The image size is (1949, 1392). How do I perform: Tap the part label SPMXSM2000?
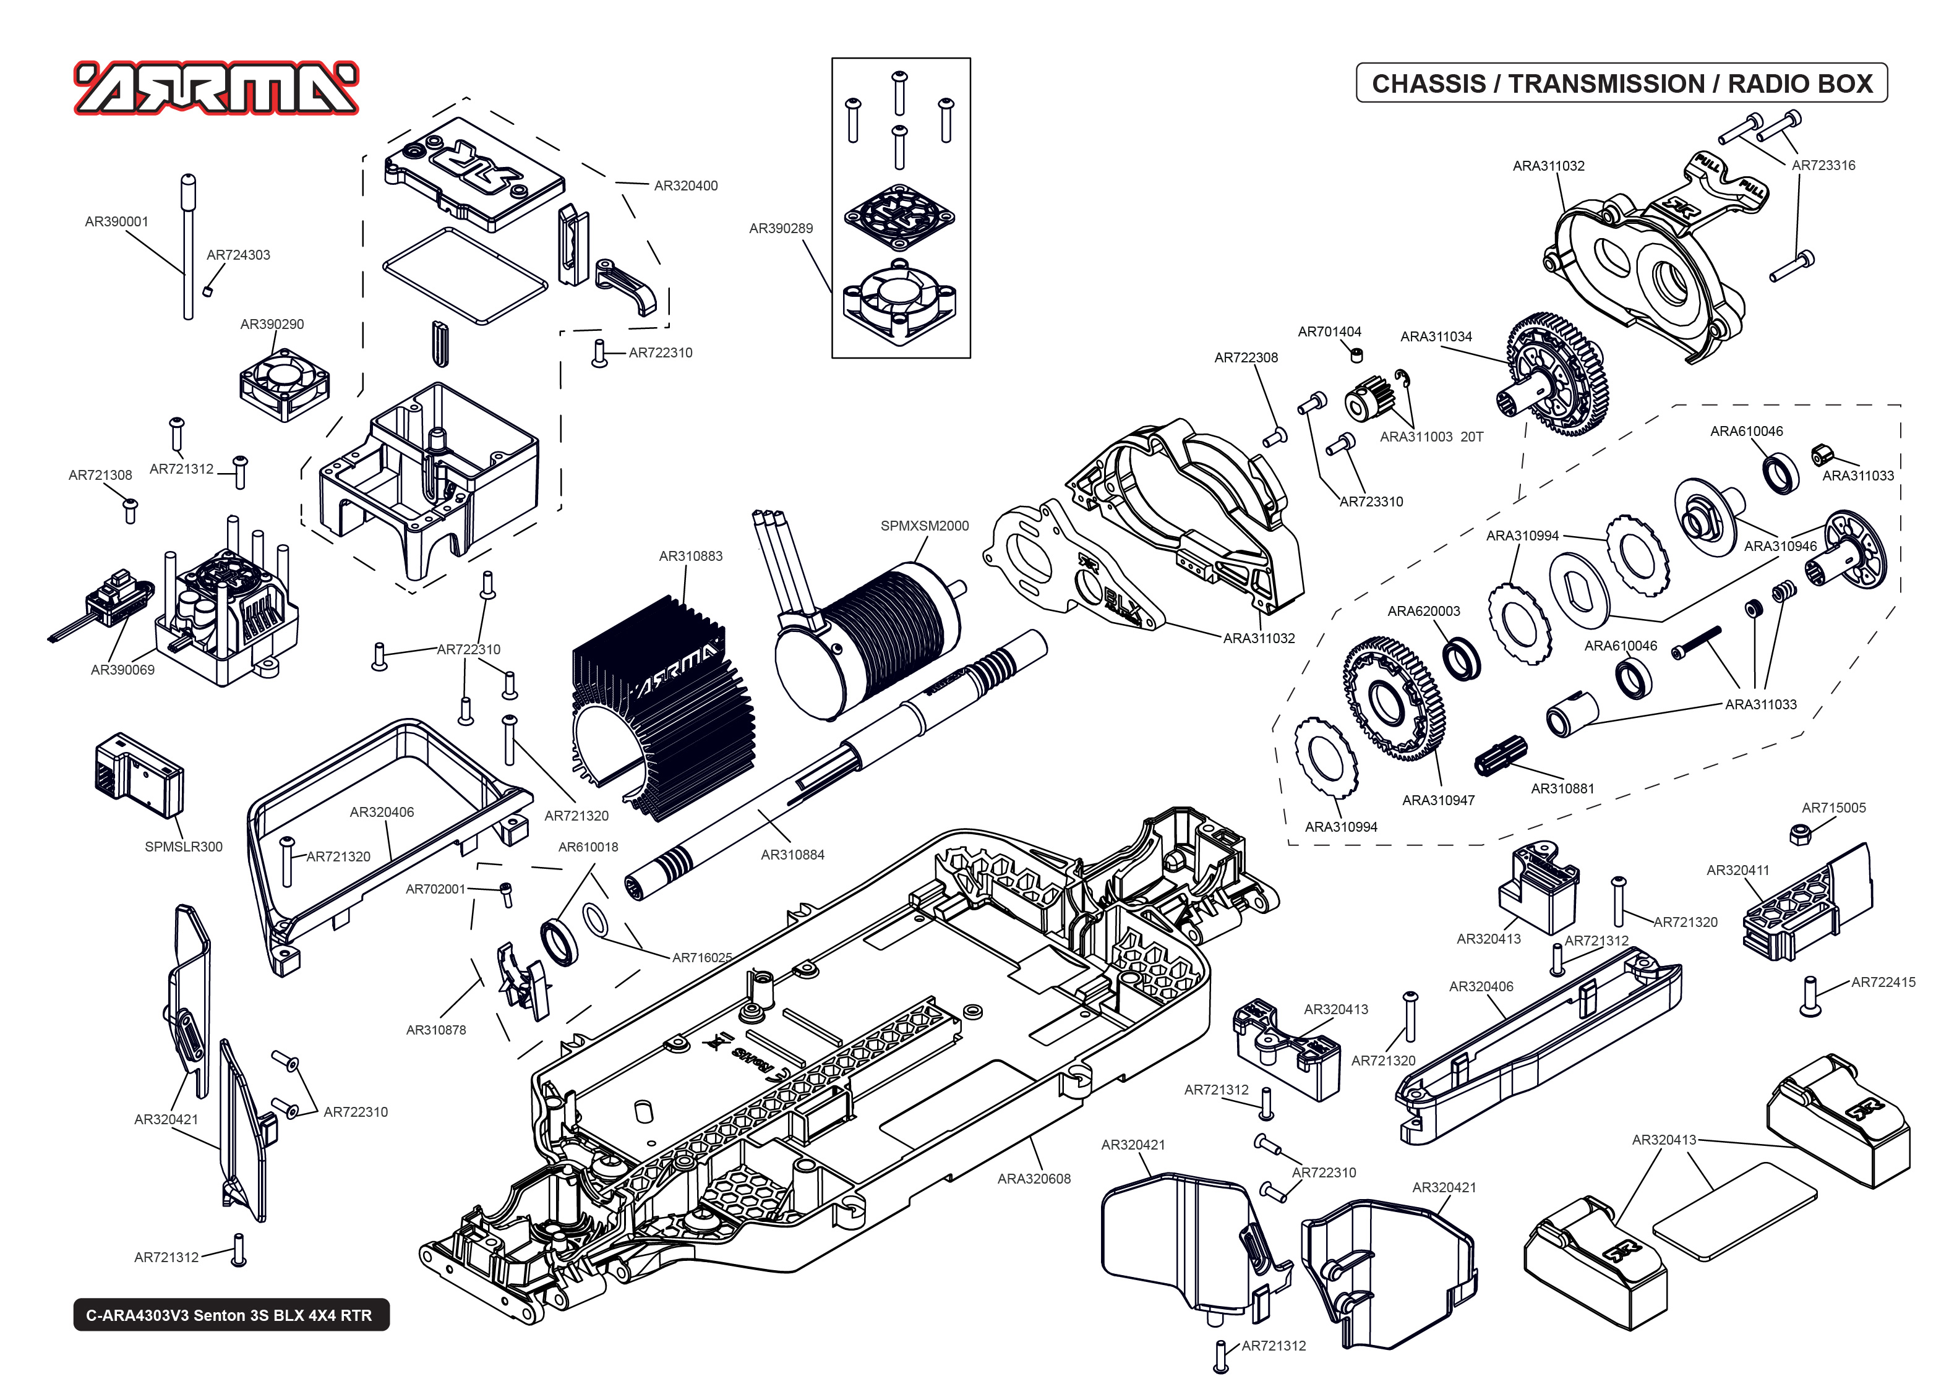(x=924, y=526)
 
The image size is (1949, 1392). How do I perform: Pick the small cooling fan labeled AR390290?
(x=284, y=383)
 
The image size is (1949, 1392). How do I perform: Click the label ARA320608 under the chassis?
(x=1034, y=1179)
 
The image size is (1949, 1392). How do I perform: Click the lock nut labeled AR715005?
(x=1800, y=834)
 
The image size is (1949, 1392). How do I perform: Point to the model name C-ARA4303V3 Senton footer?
(x=229, y=1315)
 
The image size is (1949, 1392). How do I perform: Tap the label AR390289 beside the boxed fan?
(x=780, y=228)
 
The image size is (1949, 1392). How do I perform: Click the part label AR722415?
(x=1882, y=982)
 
